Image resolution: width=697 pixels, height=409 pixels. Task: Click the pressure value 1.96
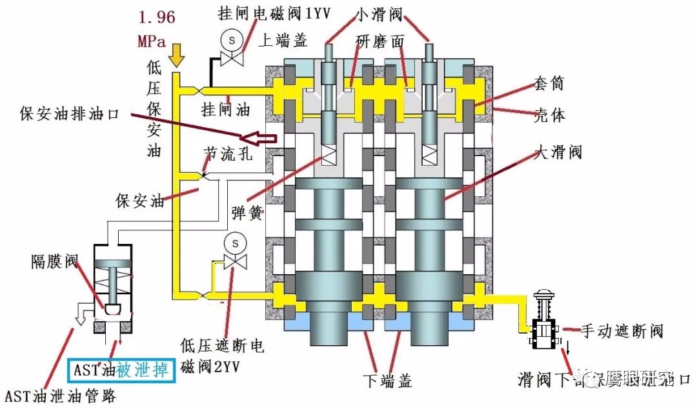(x=156, y=17)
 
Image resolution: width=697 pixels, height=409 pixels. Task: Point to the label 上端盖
(x=282, y=41)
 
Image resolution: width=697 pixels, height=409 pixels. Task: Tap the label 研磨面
(x=380, y=41)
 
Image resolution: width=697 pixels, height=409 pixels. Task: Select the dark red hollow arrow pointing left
(x=258, y=137)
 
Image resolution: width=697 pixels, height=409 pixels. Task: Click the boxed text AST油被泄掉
(x=121, y=370)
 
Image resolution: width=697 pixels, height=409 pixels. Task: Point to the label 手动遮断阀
(x=622, y=332)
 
